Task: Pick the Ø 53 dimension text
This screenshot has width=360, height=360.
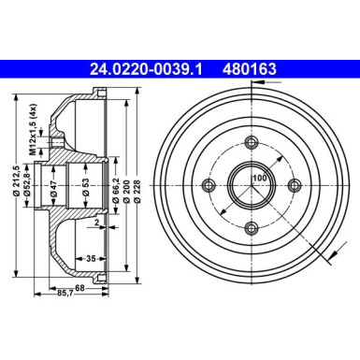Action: pyautogui.click(x=85, y=185)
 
